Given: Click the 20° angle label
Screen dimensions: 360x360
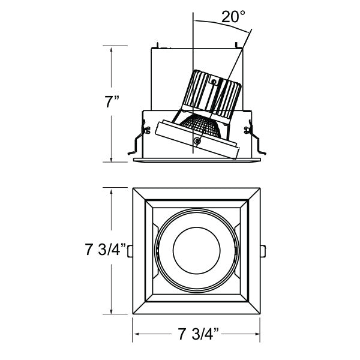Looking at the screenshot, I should [233, 16].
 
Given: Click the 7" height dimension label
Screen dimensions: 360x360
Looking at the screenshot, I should [111, 101].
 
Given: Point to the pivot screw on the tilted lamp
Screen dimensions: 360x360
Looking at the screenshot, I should [197, 141].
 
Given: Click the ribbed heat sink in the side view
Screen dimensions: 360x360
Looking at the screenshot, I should [215, 93].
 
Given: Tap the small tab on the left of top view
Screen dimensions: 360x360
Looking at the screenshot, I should [130, 250].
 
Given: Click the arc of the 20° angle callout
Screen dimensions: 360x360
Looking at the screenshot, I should [219, 22].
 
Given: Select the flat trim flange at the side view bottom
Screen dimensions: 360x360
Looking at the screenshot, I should [197, 160].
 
